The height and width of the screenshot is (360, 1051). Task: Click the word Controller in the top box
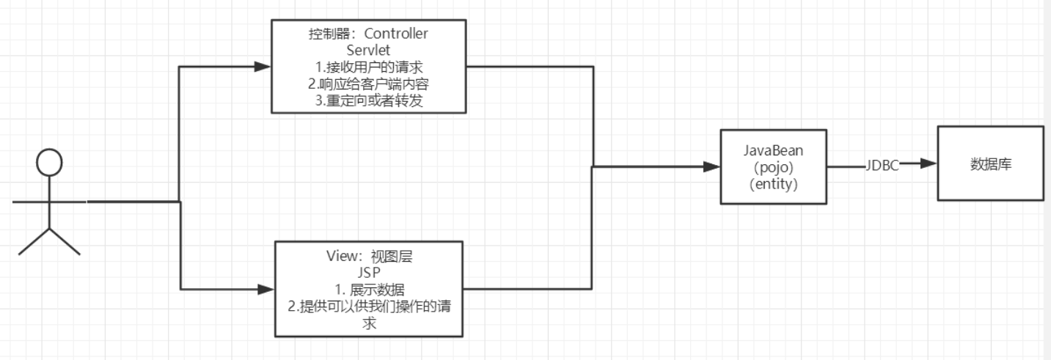click(x=396, y=34)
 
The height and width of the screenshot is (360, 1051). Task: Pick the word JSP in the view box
click(x=369, y=273)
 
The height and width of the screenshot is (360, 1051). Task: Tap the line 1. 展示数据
click(x=369, y=290)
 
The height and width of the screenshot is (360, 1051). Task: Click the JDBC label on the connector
click(x=882, y=166)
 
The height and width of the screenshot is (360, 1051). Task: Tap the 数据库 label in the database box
click(x=990, y=165)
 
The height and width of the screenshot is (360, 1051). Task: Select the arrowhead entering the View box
click(x=266, y=289)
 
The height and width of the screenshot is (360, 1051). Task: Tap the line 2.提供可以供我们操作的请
click(x=369, y=306)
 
